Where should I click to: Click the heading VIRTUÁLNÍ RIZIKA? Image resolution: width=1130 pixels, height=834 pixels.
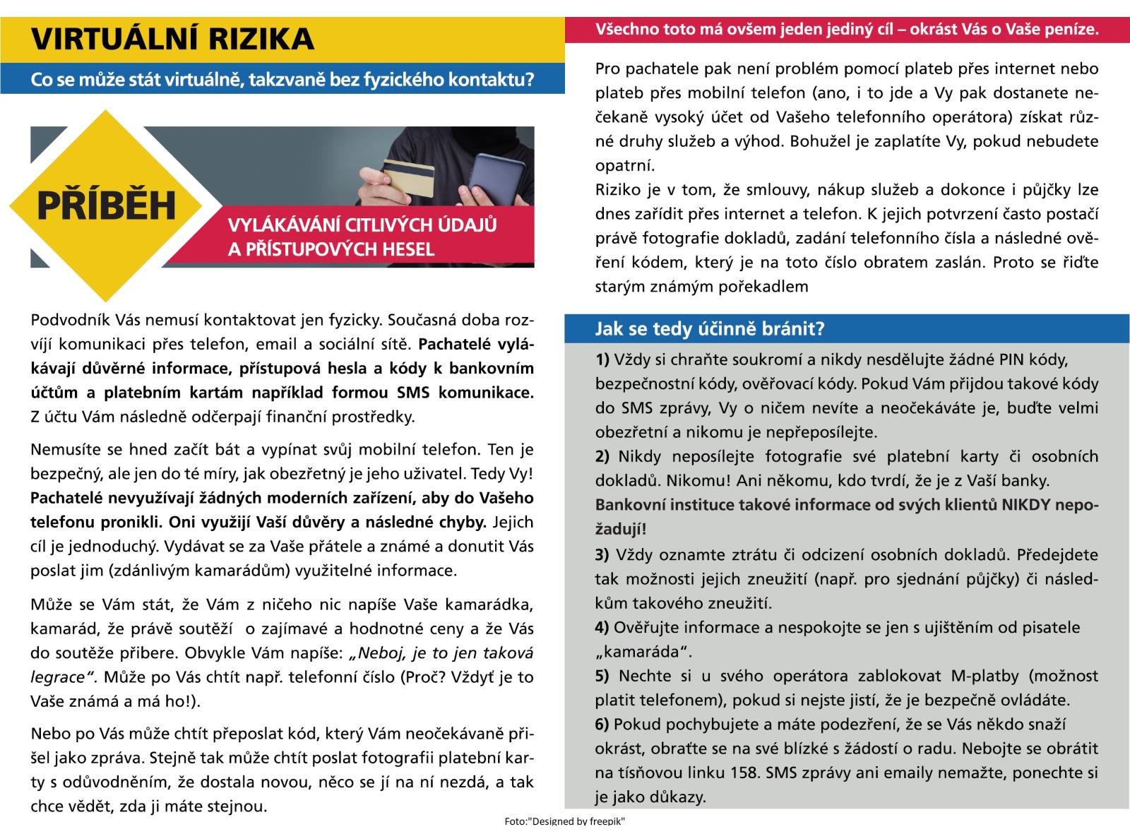point(172,39)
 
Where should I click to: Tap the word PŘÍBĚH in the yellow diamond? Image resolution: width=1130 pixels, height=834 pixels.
point(106,205)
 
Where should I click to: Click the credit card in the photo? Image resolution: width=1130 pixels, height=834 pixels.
point(408,177)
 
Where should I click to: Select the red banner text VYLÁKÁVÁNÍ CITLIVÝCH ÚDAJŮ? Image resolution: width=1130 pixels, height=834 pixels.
point(362,225)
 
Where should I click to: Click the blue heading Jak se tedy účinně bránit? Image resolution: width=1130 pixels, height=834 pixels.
point(710,329)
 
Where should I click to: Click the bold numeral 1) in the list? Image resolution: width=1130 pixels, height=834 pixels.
point(602,359)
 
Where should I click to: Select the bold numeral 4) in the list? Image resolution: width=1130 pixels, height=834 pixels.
point(602,627)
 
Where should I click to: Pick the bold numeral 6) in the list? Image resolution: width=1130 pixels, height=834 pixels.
point(602,724)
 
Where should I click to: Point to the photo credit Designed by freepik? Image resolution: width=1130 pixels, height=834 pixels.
point(565,821)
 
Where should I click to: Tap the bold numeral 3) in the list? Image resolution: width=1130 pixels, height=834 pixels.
point(602,554)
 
